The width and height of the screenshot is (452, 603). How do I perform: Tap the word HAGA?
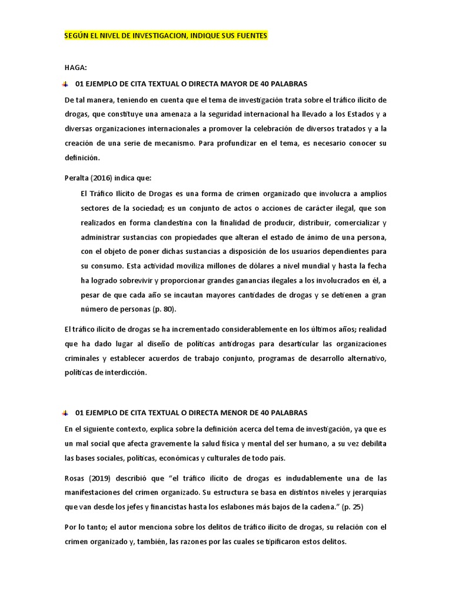click(x=75, y=68)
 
